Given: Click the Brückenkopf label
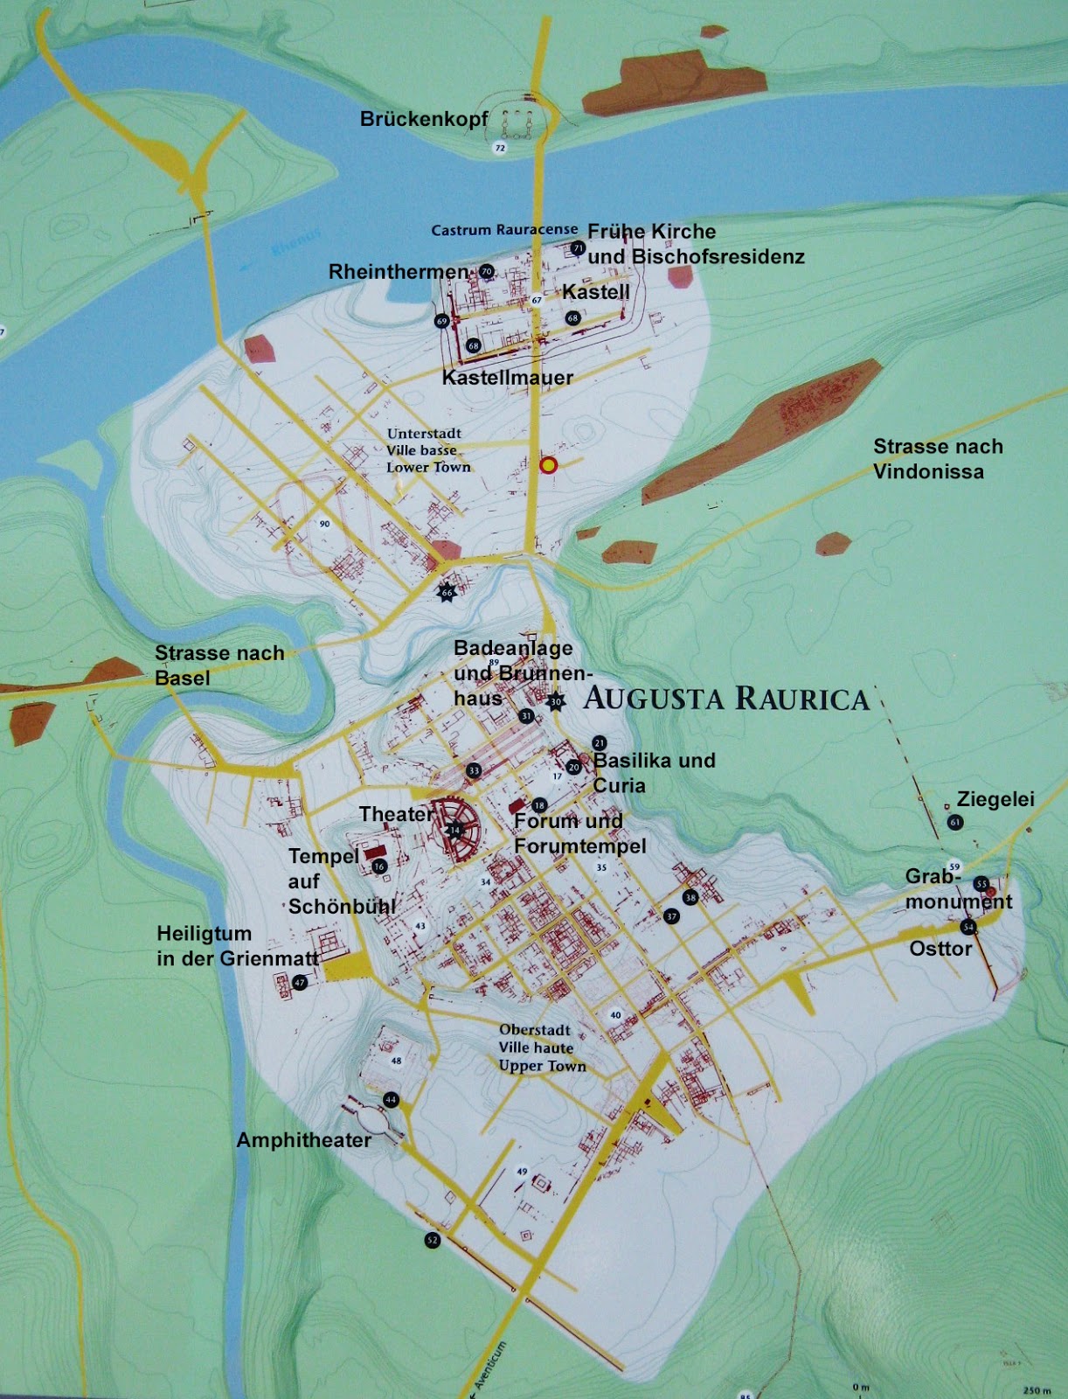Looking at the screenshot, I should [x=424, y=119].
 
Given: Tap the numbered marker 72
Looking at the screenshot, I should [x=500, y=148].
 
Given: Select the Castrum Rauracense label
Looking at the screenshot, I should [x=504, y=230].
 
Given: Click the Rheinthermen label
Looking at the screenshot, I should [x=399, y=272].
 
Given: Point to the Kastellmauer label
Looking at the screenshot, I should [x=508, y=378].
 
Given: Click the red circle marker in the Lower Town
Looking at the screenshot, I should [x=548, y=466].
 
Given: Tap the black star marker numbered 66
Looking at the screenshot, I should [x=447, y=592].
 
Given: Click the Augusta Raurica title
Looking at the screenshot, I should [x=726, y=699].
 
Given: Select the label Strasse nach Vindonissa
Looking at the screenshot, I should [x=938, y=459].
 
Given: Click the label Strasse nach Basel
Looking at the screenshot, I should [x=219, y=665].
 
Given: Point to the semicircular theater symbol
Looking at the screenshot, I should [x=455, y=830].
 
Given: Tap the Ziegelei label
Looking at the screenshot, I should [x=995, y=799].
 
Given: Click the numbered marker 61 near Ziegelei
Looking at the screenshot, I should [x=955, y=822].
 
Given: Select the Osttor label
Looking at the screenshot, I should [x=940, y=949].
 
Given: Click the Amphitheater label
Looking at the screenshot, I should [x=304, y=1140].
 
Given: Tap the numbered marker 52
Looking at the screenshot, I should [x=433, y=1240].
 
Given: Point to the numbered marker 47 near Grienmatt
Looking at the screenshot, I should [x=300, y=983].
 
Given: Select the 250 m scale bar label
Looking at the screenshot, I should [x=1037, y=1389].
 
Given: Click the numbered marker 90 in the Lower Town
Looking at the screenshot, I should [x=324, y=524].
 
